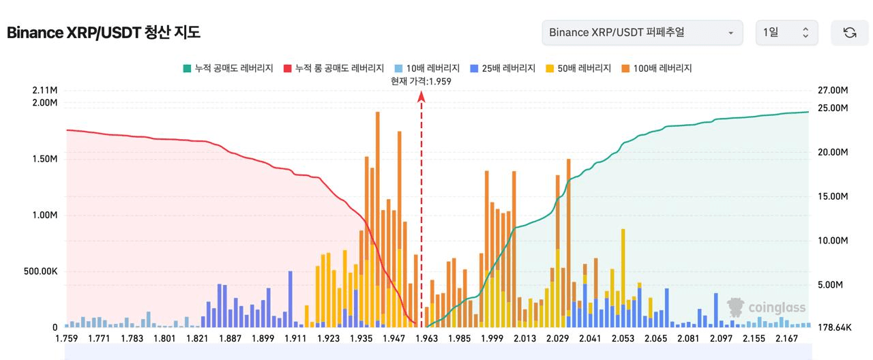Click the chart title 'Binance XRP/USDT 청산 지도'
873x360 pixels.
[x=104, y=33]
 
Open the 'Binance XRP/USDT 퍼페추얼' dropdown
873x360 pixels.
[x=642, y=33]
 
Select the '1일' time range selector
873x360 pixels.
[x=786, y=33]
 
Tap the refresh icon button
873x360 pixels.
[x=849, y=33]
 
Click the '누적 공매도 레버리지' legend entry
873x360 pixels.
[x=228, y=68]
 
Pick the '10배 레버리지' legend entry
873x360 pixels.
[x=427, y=68]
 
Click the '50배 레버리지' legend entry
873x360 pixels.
[x=578, y=68]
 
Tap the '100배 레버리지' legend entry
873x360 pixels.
[x=657, y=68]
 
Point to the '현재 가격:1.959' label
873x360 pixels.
[x=421, y=81]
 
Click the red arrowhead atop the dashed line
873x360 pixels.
[x=421, y=97]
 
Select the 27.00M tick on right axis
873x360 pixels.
[x=831, y=90]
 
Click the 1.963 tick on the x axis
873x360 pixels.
[x=427, y=338]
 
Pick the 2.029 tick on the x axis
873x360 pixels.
[x=558, y=338]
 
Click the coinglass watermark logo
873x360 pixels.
[x=766, y=307]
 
